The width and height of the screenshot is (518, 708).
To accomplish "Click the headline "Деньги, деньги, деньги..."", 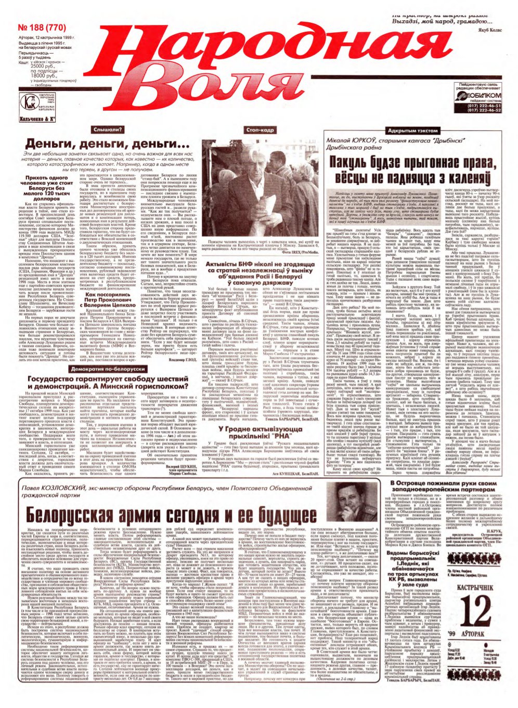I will (x=108, y=144).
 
